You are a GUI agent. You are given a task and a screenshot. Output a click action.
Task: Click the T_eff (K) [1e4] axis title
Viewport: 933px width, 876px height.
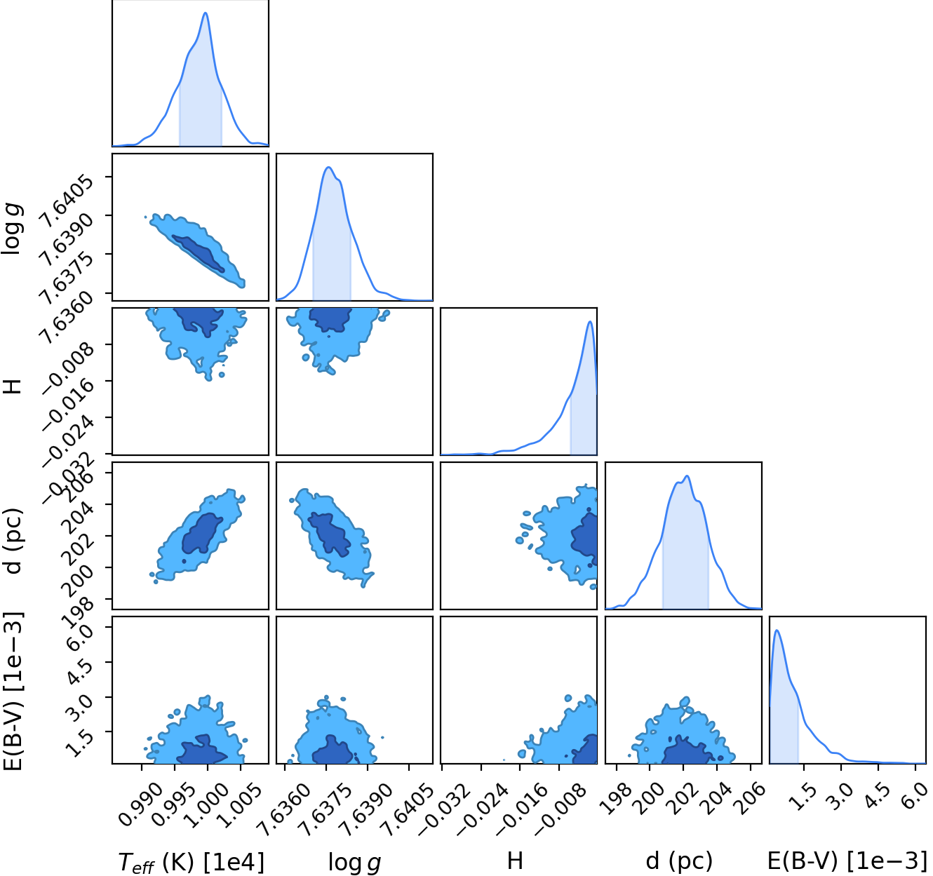pos(192,861)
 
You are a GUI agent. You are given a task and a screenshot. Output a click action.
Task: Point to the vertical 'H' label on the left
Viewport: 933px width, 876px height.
pos(14,386)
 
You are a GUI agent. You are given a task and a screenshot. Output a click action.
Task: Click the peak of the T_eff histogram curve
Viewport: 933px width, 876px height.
pos(206,13)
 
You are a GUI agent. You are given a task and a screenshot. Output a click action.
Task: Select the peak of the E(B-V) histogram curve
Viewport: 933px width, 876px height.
pos(777,631)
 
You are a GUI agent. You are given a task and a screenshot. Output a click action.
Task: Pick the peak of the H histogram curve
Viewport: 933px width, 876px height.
pos(590,322)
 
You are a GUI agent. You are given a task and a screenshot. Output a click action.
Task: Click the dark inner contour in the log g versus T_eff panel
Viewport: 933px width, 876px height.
pos(199,253)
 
